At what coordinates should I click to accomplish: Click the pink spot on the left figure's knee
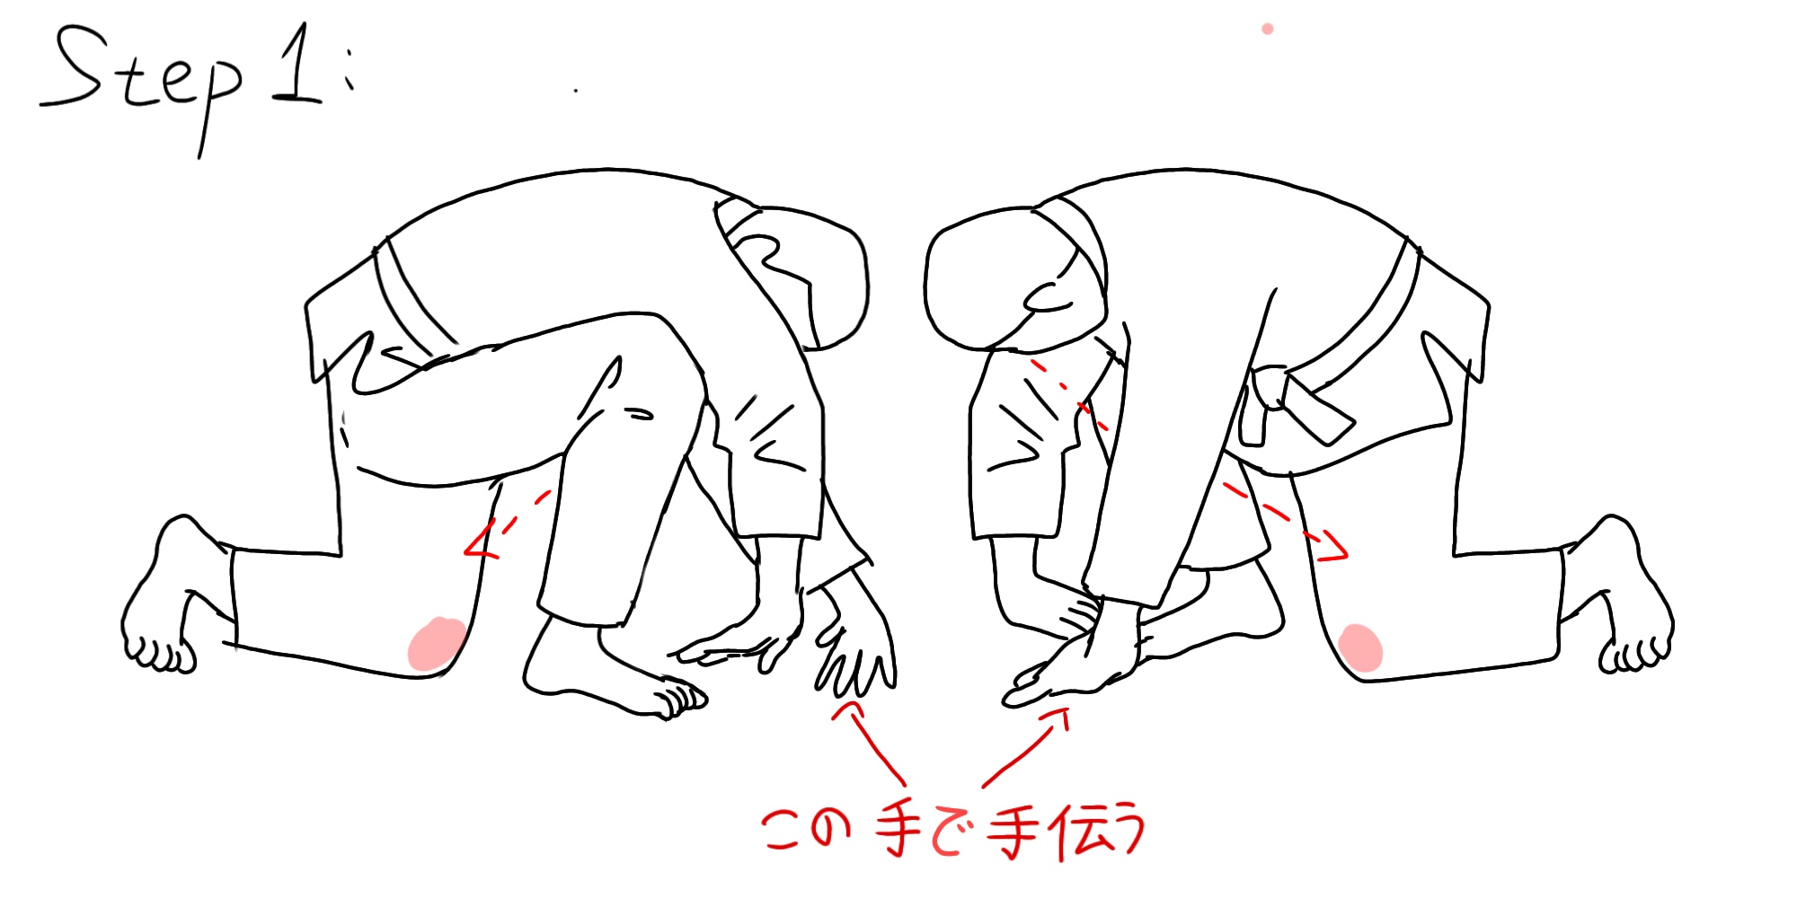437,644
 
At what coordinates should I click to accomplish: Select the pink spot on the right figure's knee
1359,648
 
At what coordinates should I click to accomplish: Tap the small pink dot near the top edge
1267,29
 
